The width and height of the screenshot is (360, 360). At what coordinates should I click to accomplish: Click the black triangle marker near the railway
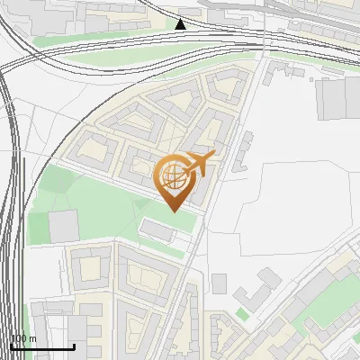click(x=181, y=24)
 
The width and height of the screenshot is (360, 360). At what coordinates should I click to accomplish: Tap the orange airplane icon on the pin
click(x=199, y=165)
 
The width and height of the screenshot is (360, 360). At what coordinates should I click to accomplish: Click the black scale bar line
click(x=42, y=347)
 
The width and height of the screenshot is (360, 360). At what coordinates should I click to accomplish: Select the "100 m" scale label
click(x=23, y=338)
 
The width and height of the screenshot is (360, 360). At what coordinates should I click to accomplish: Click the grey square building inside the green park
click(x=63, y=226)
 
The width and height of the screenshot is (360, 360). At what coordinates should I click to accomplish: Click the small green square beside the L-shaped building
click(x=241, y=314)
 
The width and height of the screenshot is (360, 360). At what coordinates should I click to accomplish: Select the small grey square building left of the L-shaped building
click(x=219, y=283)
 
